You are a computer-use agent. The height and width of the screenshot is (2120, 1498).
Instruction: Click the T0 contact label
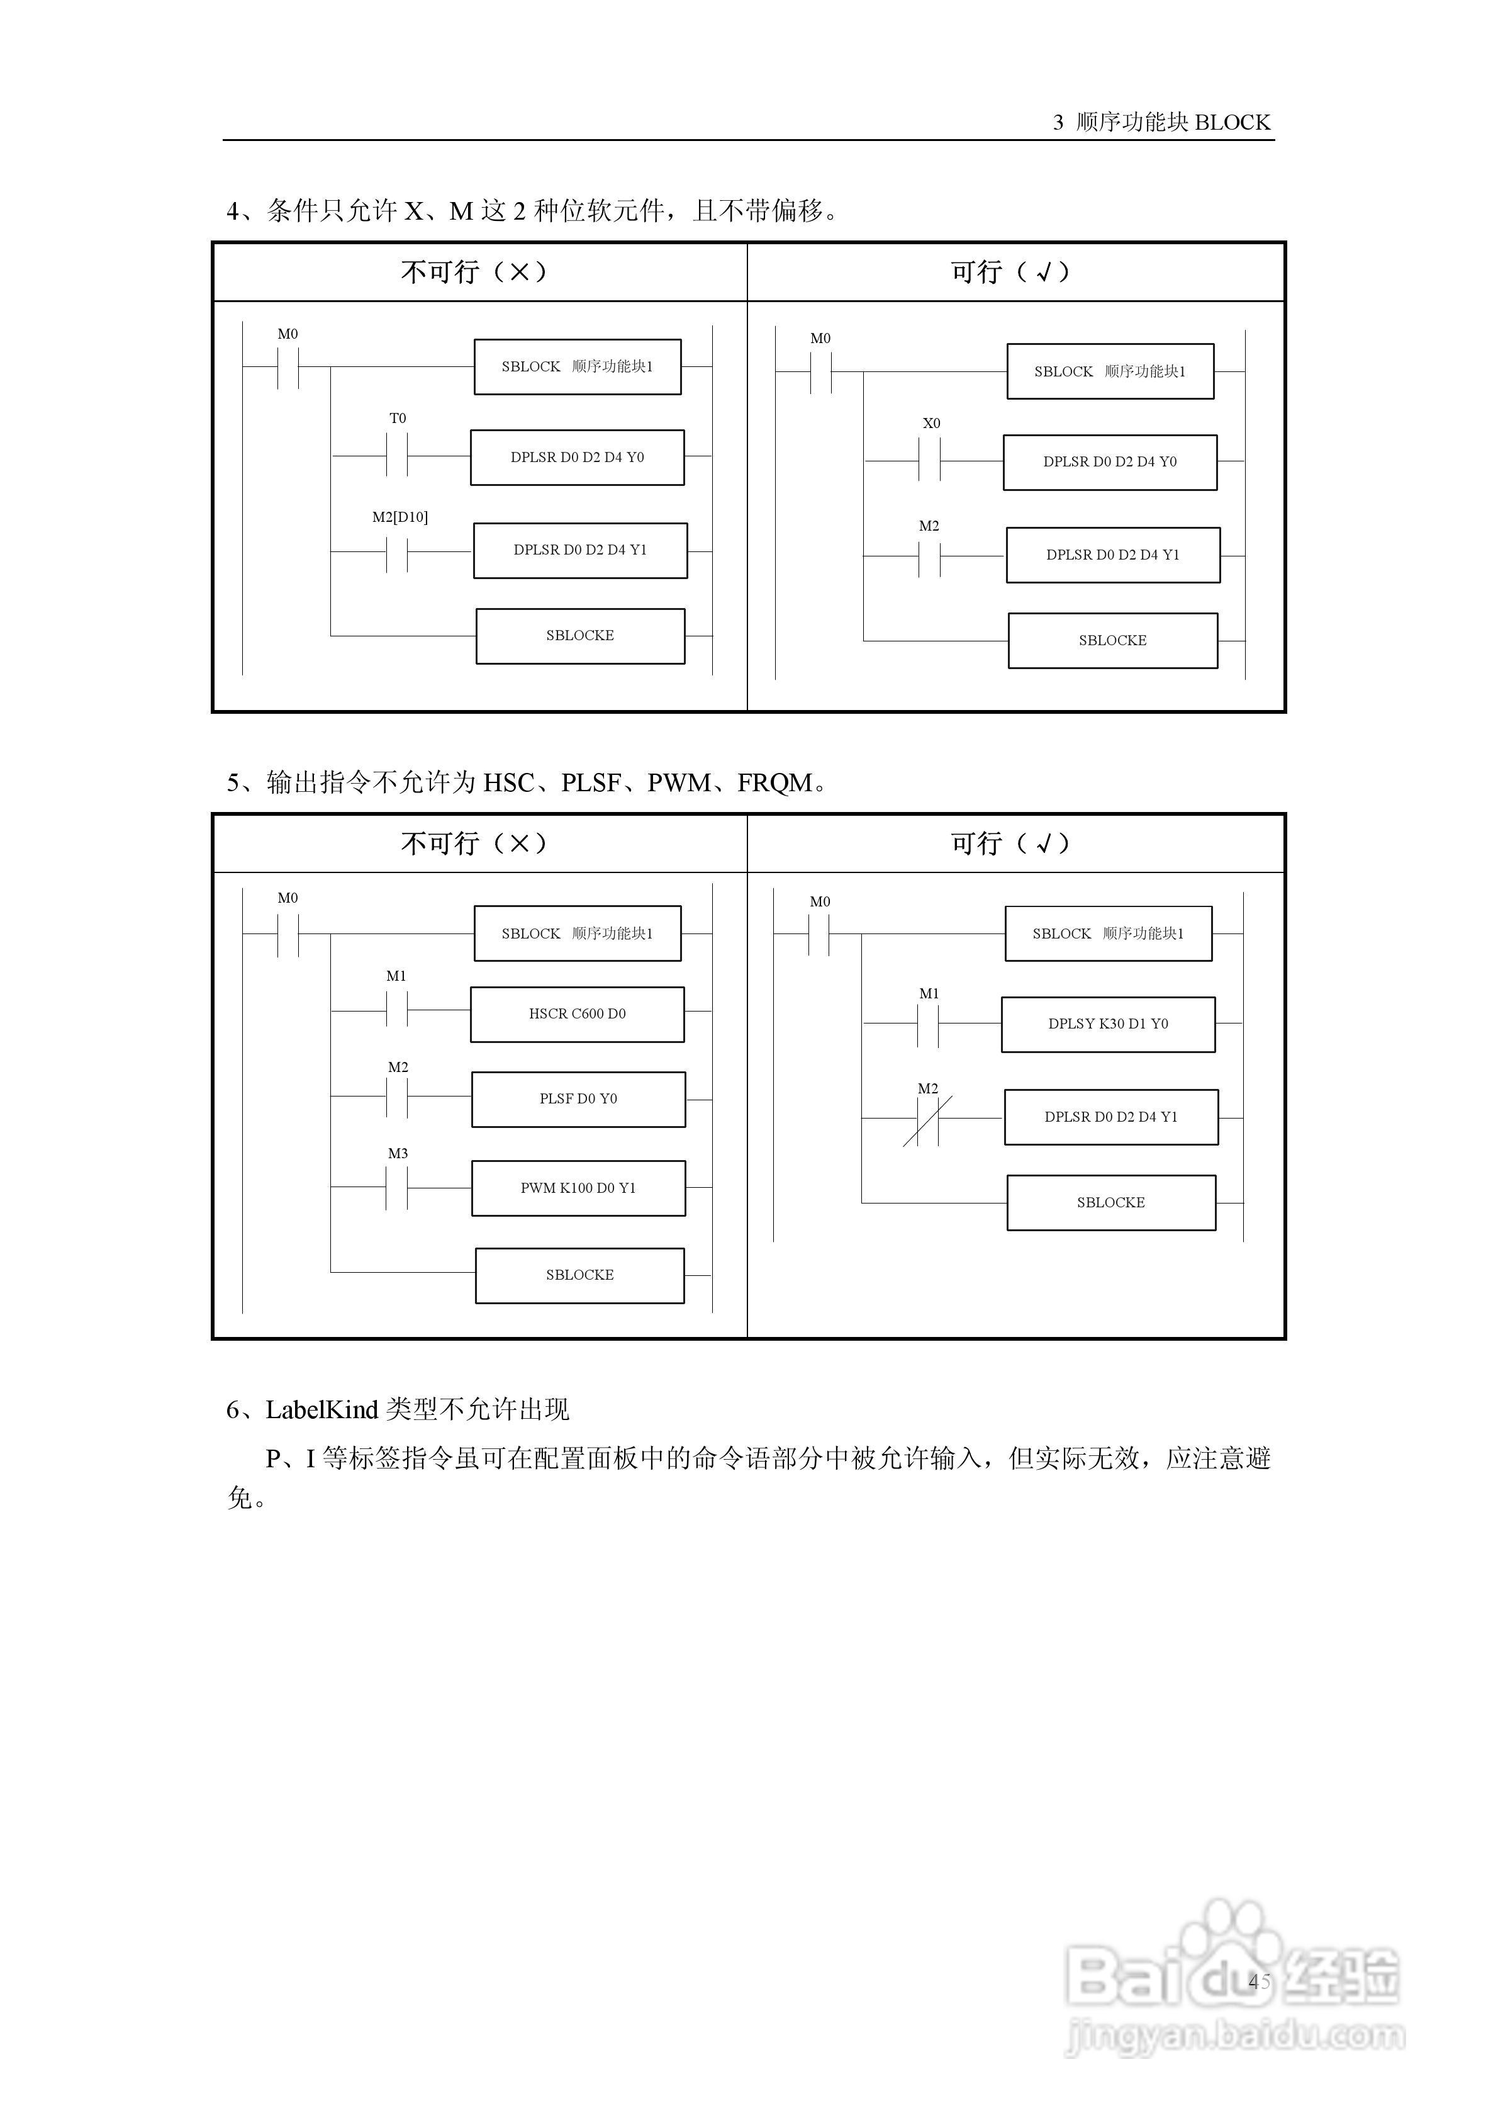(397, 419)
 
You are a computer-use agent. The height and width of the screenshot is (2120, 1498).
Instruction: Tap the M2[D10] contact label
(400, 517)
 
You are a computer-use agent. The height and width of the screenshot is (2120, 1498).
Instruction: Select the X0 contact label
(931, 423)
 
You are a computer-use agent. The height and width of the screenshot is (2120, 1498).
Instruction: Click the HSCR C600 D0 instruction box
(577, 1014)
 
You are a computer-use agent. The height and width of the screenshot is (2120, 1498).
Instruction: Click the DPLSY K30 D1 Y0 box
(1107, 1024)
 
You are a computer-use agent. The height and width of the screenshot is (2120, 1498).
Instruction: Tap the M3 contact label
(397, 1153)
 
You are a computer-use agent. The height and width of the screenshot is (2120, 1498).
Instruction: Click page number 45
(1259, 1980)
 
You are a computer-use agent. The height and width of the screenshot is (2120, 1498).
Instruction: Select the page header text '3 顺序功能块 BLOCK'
(1161, 122)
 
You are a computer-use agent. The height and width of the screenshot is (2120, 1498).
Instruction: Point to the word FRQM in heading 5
(774, 783)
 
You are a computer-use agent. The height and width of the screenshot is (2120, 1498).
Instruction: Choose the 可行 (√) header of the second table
(1010, 843)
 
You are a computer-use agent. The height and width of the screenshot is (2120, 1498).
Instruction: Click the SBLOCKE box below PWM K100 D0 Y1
(579, 1275)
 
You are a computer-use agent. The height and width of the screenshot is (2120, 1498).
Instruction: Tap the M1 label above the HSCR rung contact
(396, 976)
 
